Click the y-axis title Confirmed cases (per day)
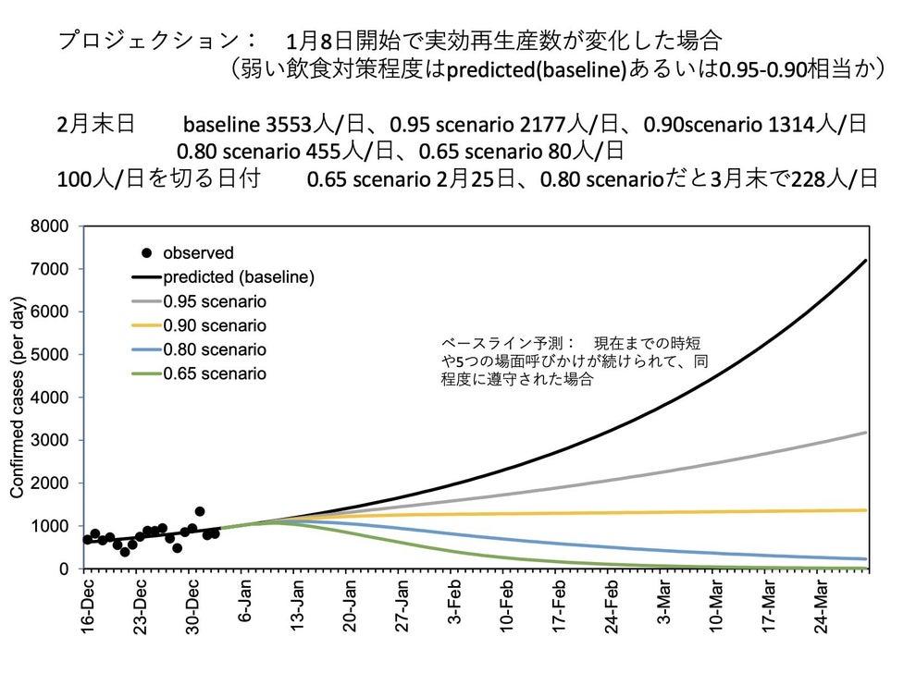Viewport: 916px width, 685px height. (18, 398)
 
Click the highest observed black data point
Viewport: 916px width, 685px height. (200, 511)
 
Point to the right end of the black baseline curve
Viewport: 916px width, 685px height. (865, 261)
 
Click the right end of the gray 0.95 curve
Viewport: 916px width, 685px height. (865, 433)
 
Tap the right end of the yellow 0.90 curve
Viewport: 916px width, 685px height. (865, 510)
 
